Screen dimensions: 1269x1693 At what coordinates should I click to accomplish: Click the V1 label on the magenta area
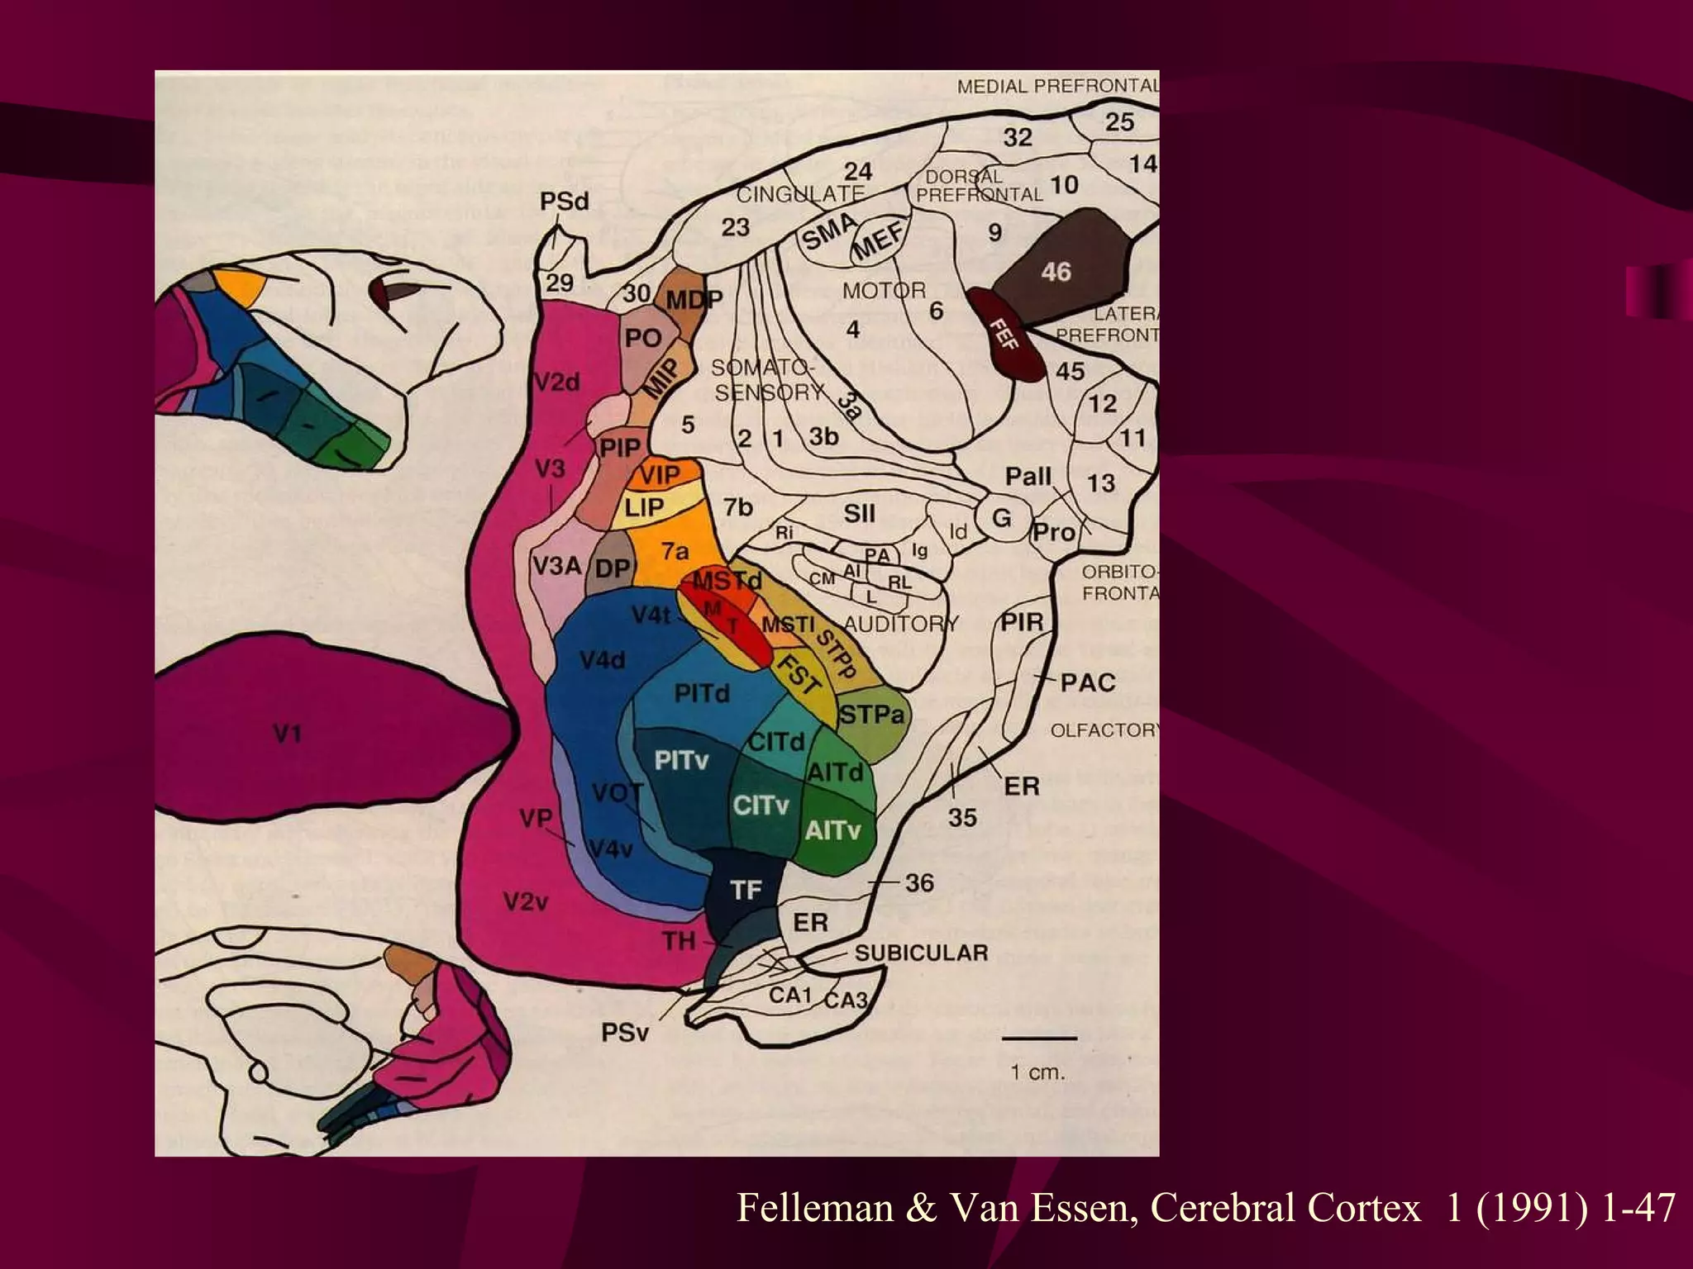click(286, 734)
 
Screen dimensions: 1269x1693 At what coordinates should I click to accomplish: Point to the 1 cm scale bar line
click(1039, 1038)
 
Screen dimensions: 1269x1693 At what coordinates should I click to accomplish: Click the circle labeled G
click(1001, 518)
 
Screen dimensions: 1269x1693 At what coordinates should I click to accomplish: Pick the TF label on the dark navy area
click(746, 890)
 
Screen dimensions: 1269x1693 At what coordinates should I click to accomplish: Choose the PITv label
click(681, 761)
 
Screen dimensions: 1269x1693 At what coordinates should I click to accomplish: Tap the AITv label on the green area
click(832, 829)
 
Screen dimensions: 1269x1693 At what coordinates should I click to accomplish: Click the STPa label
click(872, 715)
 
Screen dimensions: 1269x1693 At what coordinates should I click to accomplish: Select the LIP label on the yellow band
click(644, 507)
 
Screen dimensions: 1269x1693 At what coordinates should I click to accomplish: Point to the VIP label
click(659, 475)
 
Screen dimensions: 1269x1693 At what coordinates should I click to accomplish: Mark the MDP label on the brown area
click(694, 300)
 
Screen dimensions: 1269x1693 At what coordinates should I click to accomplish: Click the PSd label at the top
click(565, 202)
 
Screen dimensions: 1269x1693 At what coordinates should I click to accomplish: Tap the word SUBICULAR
click(921, 953)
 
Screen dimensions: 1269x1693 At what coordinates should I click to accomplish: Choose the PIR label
click(1023, 622)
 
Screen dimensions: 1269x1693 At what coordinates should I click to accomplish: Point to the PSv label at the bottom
click(625, 1033)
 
